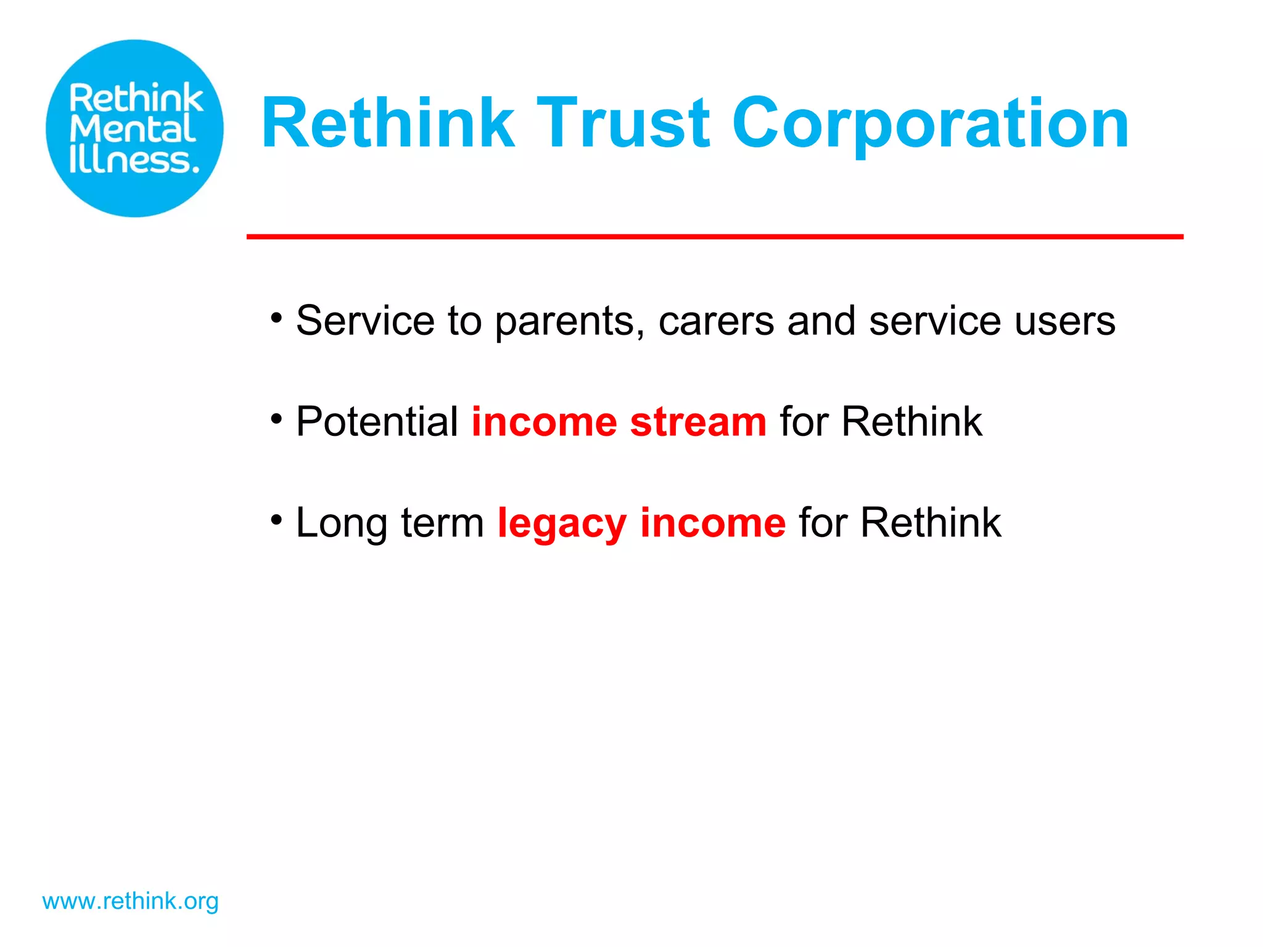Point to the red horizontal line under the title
[x=714, y=237]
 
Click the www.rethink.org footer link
[x=130, y=901]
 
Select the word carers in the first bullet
[x=716, y=322]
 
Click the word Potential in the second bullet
[x=377, y=422]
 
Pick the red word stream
[x=698, y=422]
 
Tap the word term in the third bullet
[x=442, y=523]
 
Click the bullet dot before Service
[x=276, y=319]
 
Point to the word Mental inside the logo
[x=133, y=129]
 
